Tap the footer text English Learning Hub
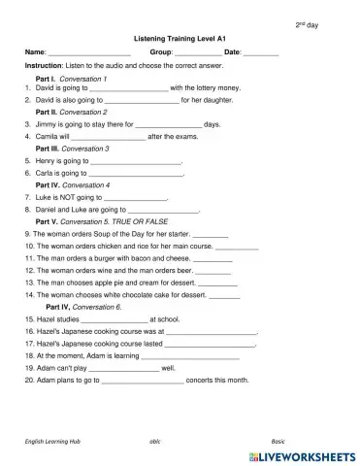click(53, 440)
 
